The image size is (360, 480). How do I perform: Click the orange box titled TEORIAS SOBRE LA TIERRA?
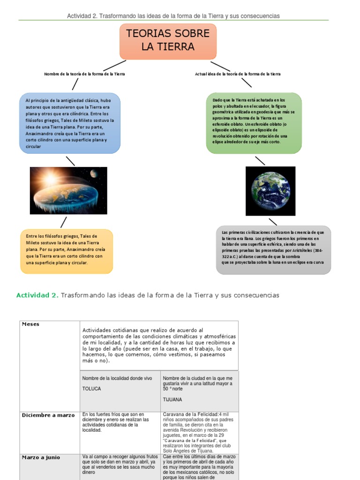coord(168,41)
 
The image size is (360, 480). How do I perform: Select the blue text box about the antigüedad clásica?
coord(70,123)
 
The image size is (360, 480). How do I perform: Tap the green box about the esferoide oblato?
coord(254,123)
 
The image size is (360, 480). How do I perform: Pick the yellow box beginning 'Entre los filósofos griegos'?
coord(67,251)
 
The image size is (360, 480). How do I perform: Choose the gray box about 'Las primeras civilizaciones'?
coord(273,250)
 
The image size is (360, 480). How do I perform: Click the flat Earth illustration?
coord(68,190)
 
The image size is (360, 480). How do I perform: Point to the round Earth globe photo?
coord(270,191)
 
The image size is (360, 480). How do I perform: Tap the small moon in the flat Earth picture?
coord(94,174)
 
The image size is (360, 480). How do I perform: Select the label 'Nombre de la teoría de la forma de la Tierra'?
coord(84,74)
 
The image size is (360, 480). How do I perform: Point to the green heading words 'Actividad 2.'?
coord(37,295)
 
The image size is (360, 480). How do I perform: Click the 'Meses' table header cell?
coord(30,324)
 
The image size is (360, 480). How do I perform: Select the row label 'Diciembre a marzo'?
coord(48,415)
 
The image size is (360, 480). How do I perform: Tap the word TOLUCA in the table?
coord(92,389)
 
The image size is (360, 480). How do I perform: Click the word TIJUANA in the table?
coord(172,400)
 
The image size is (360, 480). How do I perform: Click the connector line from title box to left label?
coord(114,65)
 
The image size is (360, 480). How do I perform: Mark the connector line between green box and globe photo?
coord(260,160)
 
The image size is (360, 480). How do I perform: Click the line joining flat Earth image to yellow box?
coord(63,222)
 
